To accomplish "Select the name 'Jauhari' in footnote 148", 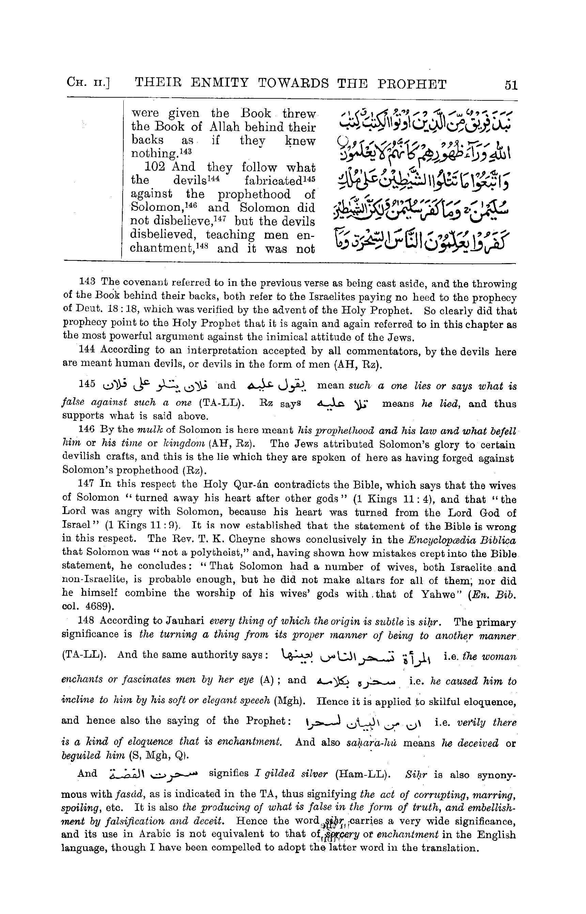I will (x=183, y=621).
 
